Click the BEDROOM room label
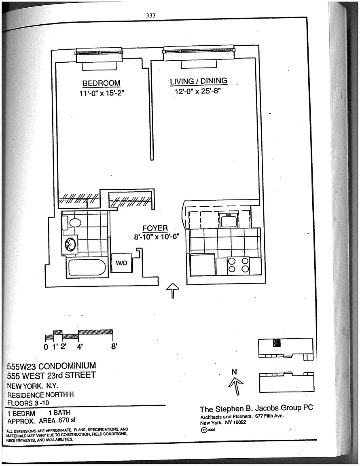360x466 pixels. tap(102, 83)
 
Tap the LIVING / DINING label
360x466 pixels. tap(199, 81)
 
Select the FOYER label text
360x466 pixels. tap(155, 228)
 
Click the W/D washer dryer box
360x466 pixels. tap(121, 263)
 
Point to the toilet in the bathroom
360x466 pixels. tap(72, 223)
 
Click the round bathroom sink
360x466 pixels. tap(70, 245)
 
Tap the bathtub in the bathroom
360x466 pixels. tap(87, 268)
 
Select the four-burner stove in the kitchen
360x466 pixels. tap(238, 265)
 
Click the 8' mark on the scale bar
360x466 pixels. tap(114, 347)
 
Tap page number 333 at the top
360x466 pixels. tap(151, 15)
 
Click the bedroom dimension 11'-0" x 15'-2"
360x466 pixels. tap(102, 93)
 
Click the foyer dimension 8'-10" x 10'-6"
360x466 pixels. tap(157, 237)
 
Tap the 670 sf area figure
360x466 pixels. tap(67, 420)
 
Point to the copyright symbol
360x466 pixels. tap(204, 430)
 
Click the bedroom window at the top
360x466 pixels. tap(99, 53)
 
